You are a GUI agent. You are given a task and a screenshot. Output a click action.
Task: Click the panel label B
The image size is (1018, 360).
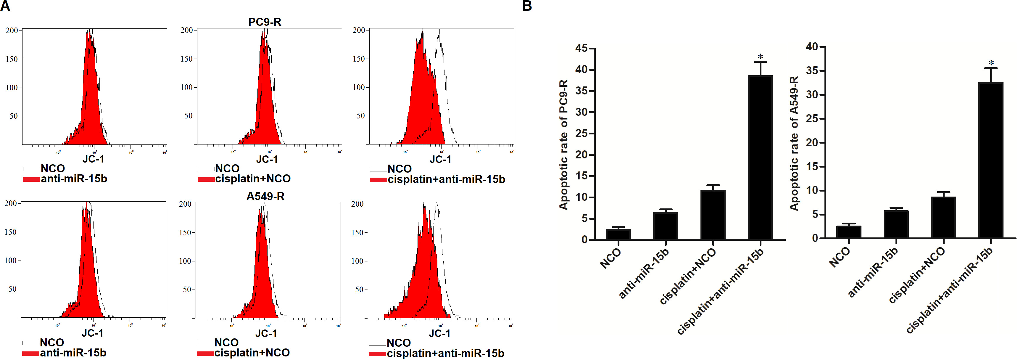[x=527, y=6]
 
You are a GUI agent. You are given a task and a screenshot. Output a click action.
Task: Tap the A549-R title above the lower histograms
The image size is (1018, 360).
[x=265, y=196]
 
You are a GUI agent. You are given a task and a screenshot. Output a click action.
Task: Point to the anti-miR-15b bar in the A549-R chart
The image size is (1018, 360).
[x=896, y=224]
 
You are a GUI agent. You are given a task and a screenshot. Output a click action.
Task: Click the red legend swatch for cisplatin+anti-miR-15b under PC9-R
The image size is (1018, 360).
[x=378, y=180]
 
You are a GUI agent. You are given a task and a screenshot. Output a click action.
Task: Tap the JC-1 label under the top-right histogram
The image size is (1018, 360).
[x=440, y=159]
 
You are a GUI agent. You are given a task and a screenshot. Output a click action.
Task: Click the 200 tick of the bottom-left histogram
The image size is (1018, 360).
[x=11, y=203]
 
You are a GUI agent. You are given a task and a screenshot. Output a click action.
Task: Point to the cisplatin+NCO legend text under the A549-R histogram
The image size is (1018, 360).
[x=252, y=353]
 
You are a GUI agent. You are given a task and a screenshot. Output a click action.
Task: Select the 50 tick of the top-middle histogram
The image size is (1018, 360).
[x=188, y=116]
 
